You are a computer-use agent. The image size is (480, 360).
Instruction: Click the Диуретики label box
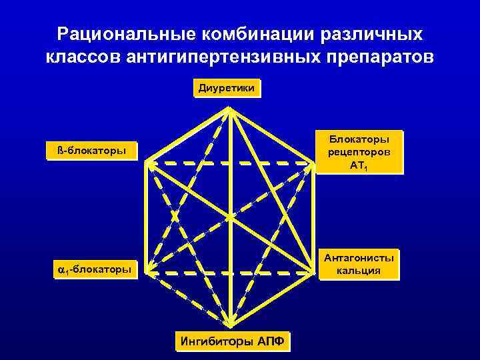pyautogui.click(x=227, y=88)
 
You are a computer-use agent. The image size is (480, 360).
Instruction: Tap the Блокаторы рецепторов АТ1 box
pyautogui.click(x=359, y=151)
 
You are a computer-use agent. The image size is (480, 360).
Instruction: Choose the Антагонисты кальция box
pyautogui.click(x=359, y=263)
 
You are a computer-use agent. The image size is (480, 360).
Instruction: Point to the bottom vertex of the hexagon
pyautogui.click(x=230, y=326)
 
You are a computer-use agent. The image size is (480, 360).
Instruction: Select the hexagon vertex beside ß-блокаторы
pyautogui.click(x=147, y=162)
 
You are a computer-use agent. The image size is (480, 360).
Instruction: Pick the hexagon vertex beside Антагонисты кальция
pyautogui.click(x=313, y=271)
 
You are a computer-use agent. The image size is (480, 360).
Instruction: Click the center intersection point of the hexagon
pyautogui.click(x=230, y=217)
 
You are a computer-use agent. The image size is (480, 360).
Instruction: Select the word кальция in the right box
pyautogui.click(x=359, y=270)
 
